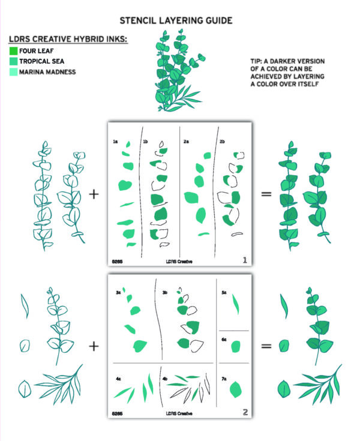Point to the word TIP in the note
[x=257, y=61]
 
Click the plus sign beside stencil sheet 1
[x=94, y=194]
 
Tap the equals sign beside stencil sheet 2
[x=265, y=346]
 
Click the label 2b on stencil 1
[x=222, y=142]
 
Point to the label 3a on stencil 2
[x=118, y=293]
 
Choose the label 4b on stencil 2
[x=164, y=379]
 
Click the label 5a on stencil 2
[x=224, y=293]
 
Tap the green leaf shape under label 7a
[x=236, y=388]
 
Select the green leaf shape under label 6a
[x=236, y=347]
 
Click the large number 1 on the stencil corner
[x=245, y=260]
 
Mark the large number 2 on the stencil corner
[x=245, y=412]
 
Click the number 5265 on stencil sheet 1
[x=118, y=262]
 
